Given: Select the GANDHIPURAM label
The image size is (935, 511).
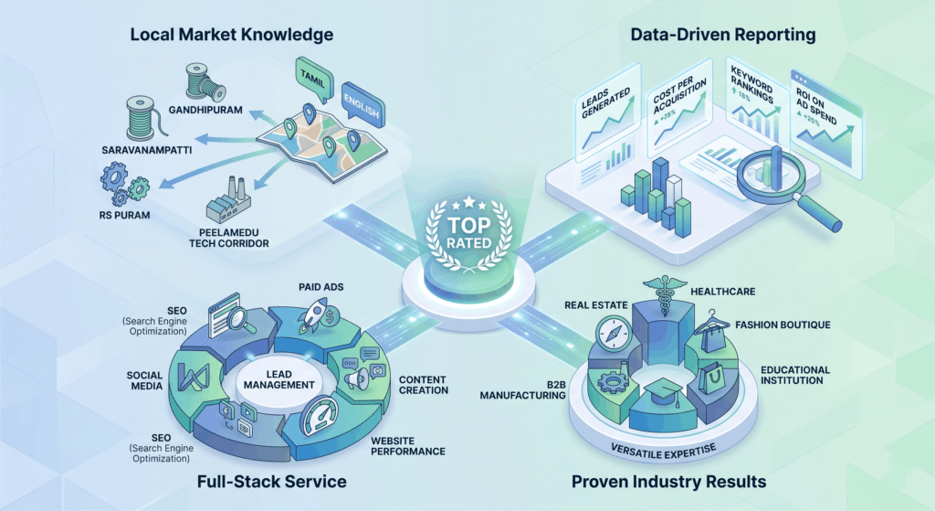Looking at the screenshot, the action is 205,110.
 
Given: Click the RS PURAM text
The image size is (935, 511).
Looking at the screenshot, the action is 124,215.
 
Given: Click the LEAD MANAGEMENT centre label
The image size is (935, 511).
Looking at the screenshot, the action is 278,379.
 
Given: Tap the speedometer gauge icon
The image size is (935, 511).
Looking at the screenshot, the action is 319,416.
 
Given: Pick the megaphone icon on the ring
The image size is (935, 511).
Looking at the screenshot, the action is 357,379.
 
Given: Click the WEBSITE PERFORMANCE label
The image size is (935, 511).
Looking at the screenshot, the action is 408,446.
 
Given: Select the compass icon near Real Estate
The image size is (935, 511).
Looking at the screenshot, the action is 614,333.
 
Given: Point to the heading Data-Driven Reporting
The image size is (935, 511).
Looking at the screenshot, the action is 723,35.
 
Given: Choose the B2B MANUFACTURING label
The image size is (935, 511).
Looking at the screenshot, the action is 523,389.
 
